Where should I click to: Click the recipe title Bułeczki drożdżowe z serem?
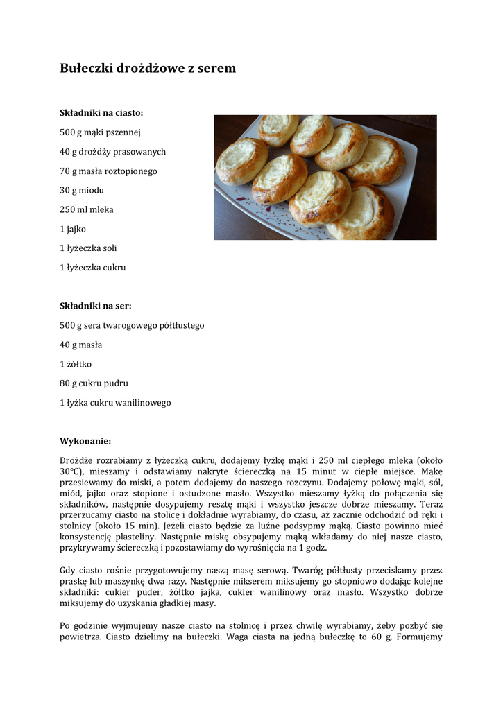tap(148, 68)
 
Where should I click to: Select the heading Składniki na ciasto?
tap(101, 112)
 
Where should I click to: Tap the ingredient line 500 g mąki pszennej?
tap(100, 132)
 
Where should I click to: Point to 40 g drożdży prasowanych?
tap(112, 151)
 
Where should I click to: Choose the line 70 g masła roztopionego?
tap(108, 171)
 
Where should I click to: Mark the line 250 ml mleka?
tap(87, 209)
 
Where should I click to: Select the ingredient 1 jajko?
tap(73, 228)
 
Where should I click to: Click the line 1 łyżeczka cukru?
tap(92, 267)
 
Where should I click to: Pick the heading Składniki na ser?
tap(96, 305)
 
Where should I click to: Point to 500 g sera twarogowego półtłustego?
tap(132, 325)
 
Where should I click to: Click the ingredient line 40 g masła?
tap(80, 345)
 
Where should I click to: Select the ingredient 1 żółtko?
tap(76, 364)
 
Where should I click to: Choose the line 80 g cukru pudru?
tap(94, 383)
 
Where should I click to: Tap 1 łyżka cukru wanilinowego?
tap(115, 402)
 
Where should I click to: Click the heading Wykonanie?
tap(85, 441)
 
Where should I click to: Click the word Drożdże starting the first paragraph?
tap(77, 460)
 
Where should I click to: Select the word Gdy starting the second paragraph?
tap(68, 569)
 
